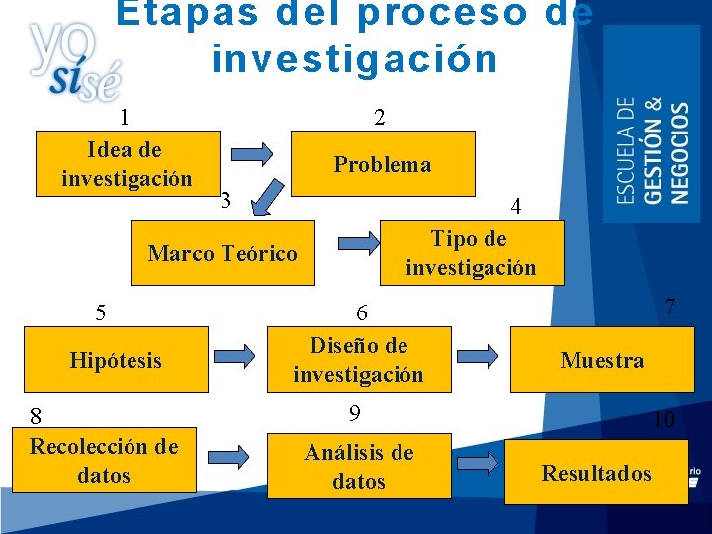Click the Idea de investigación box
click(x=127, y=164)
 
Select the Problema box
click(x=383, y=164)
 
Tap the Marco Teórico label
click(x=222, y=254)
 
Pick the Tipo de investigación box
click(x=471, y=253)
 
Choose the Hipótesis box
click(x=116, y=360)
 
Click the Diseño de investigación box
click(x=358, y=360)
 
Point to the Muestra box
click(x=601, y=360)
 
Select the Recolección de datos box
click(x=104, y=461)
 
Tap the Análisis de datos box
click(x=359, y=467)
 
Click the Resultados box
click(x=596, y=473)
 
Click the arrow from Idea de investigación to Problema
click(x=253, y=154)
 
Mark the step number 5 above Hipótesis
click(x=100, y=313)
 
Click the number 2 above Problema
click(x=380, y=117)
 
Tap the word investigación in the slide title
click(x=354, y=59)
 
